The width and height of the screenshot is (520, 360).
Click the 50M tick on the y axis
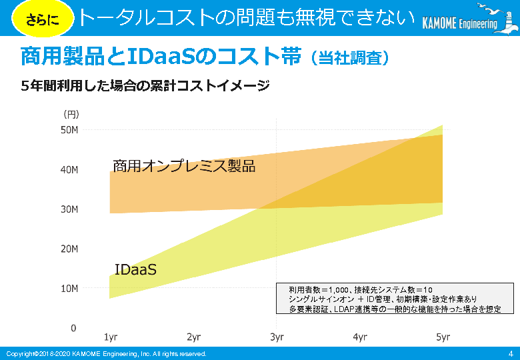coord(70,130)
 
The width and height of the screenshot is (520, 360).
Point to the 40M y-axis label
coord(70,170)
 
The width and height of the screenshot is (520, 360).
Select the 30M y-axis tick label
coord(70,209)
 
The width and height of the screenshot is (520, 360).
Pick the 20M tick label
coord(70,249)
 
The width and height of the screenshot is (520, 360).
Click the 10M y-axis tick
coord(70,289)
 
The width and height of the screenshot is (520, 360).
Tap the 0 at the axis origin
coord(74,328)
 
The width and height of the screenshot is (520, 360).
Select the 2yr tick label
coord(193,337)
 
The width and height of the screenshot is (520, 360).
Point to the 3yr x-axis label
coord(277,337)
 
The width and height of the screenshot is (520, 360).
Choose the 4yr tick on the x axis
coord(360,337)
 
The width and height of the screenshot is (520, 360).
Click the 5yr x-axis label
coord(443,337)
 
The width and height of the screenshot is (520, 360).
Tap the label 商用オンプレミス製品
coord(184,166)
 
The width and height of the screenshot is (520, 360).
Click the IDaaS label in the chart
coord(135,270)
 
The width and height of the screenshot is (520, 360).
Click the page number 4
coord(510,353)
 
